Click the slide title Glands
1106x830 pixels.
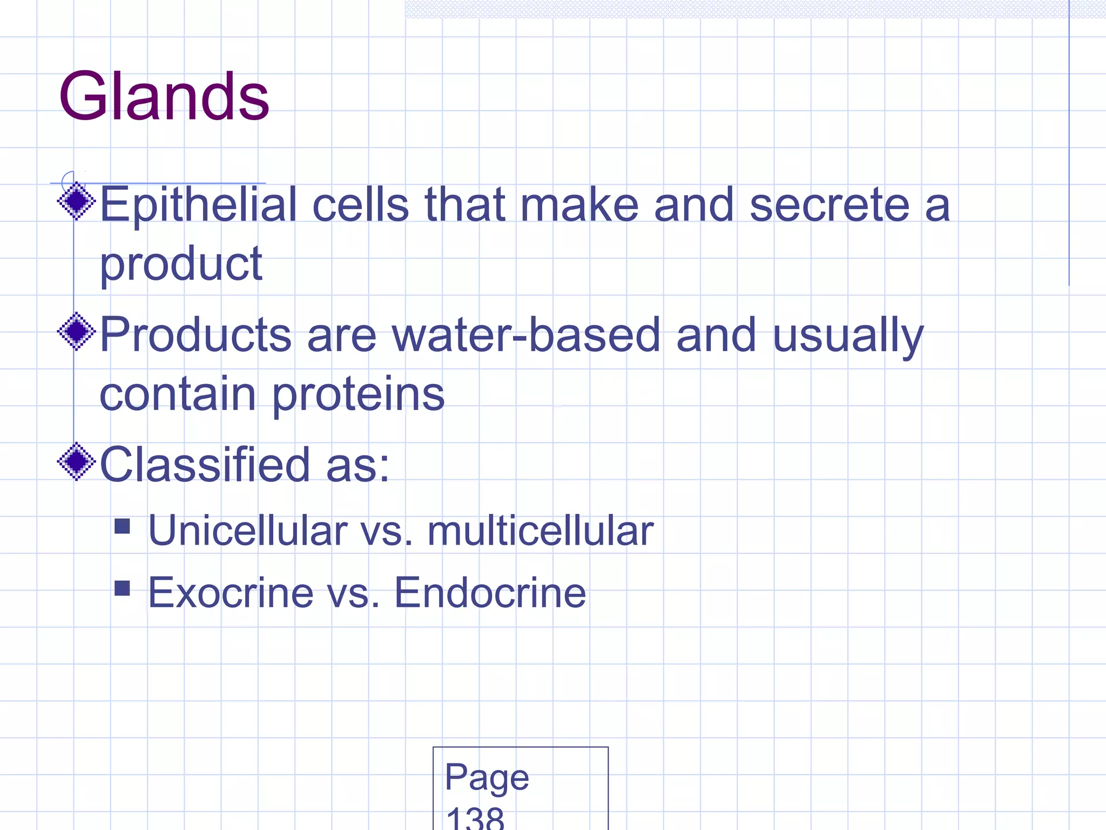click(x=164, y=97)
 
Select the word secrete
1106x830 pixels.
click(x=829, y=205)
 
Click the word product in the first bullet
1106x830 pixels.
click(x=181, y=265)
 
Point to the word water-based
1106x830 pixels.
click(x=526, y=335)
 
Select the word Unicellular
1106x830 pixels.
click(x=247, y=531)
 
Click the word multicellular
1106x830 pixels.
click(x=540, y=531)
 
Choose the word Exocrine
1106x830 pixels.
click(x=231, y=593)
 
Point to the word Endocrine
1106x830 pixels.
click(x=490, y=593)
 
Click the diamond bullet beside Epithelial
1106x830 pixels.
click(x=77, y=202)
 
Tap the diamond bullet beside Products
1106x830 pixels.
click(x=77, y=331)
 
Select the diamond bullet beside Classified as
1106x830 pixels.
click(x=77, y=461)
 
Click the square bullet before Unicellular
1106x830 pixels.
click(x=123, y=526)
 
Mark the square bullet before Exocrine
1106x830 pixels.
click(x=123, y=588)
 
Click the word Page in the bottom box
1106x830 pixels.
click(x=487, y=778)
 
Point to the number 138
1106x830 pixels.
click(x=475, y=819)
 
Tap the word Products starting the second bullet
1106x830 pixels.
click(x=195, y=335)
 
